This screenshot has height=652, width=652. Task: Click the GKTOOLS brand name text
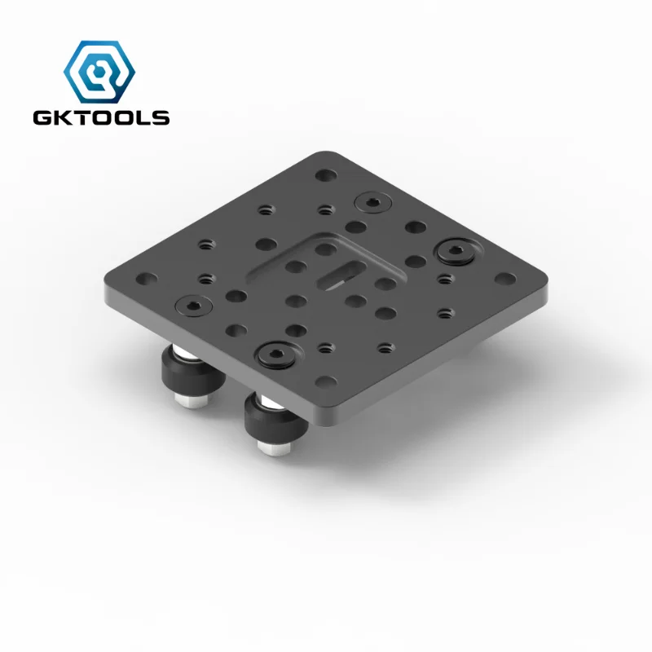click(x=101, y=118)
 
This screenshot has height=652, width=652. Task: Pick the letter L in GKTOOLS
click(x=141, y=118)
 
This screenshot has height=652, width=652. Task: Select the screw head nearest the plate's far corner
click(x=372, y=201)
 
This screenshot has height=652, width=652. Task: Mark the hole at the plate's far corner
click(x=326, y=174)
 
